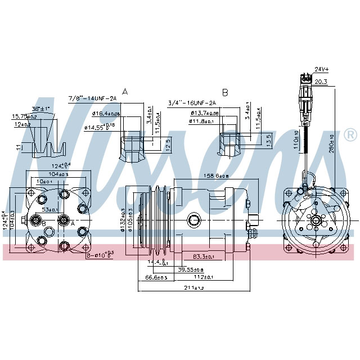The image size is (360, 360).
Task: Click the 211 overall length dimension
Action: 195,289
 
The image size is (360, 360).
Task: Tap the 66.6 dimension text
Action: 157,278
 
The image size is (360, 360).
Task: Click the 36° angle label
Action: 40,109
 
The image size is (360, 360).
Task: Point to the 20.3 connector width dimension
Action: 321,82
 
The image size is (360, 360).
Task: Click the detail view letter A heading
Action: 124,91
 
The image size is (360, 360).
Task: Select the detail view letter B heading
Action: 224,91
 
